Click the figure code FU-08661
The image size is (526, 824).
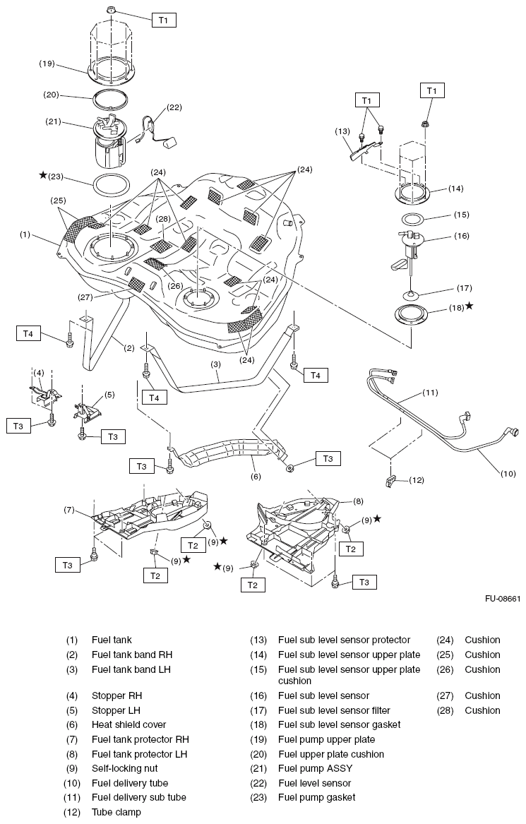502,599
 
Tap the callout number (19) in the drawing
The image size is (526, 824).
47,63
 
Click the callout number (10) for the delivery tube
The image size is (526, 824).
508,474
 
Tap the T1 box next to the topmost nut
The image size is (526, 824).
163,20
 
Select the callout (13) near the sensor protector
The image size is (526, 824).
343,131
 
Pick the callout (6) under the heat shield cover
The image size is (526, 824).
255,477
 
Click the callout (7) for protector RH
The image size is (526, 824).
69,509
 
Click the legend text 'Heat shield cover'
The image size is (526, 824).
129,724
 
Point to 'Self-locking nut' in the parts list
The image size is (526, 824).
125,768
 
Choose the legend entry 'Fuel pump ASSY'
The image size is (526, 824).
315,768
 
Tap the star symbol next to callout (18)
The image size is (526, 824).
469,306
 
